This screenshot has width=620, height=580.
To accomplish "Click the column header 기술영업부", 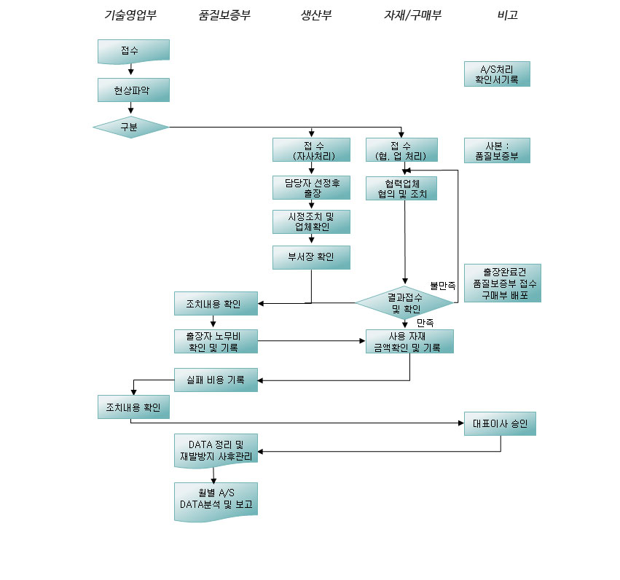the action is point(130,15).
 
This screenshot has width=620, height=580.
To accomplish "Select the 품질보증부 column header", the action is point(224,15).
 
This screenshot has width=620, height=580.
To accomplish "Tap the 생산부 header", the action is point(316,15).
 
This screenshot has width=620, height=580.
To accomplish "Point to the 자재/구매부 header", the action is point(412,15).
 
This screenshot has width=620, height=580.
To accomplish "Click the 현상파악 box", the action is point(133,90).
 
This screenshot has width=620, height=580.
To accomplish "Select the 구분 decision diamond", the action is point(131,127).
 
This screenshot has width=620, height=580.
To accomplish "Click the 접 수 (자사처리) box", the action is point(311,150).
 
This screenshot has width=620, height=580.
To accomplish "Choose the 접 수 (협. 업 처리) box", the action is point(401,150).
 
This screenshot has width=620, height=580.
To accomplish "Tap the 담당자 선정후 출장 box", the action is point(311,188).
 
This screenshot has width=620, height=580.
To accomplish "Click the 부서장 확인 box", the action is point(311,257).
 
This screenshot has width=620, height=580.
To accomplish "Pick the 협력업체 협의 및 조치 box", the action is point(401,188).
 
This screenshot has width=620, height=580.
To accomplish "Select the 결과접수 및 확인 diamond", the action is point(404,303).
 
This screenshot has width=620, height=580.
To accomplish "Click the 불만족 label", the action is point(442,286).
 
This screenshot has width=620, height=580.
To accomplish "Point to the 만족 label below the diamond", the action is point(425,323).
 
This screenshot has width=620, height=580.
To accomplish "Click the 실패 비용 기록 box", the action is point(216,380).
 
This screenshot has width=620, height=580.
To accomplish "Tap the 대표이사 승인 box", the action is point(500,424).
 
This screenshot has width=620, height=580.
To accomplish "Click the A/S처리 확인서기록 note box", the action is point(497,74).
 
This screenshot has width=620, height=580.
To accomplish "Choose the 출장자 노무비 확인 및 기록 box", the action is point(216,342).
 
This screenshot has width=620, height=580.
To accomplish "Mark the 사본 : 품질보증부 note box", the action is point(497,151).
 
